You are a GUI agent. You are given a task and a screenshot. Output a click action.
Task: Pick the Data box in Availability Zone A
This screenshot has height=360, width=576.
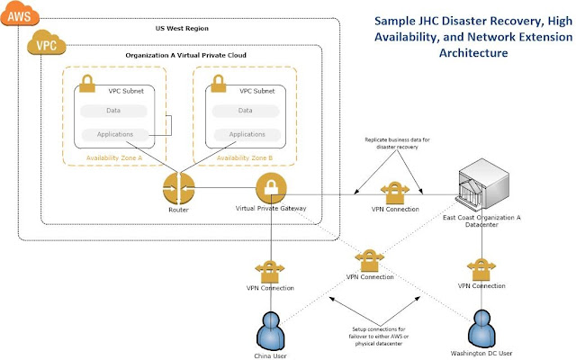pos(113,111)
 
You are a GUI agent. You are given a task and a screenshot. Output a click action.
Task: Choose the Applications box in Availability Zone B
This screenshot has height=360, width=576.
pos(245,134)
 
